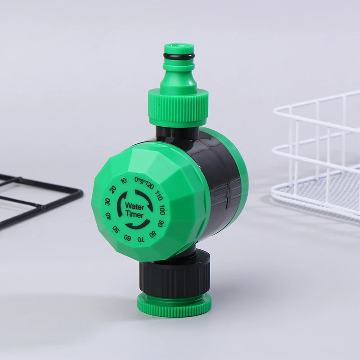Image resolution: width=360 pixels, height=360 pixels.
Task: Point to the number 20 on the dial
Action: tap(113, 189)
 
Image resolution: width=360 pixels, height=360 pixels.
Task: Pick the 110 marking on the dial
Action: tap(158, 196)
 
